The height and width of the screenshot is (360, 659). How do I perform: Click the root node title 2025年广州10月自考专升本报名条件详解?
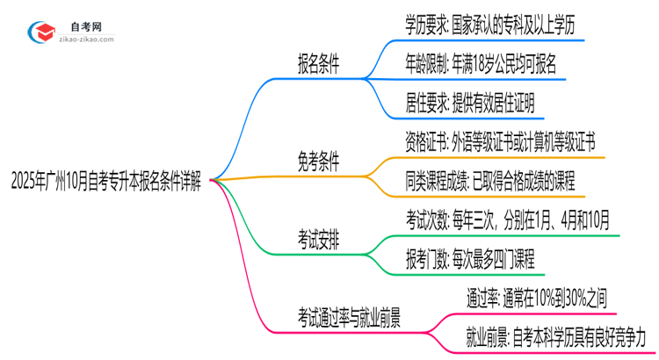[105, 183]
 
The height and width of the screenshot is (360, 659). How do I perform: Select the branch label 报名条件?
[319, 63]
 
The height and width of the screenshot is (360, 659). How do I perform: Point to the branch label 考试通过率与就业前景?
[350, 314]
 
